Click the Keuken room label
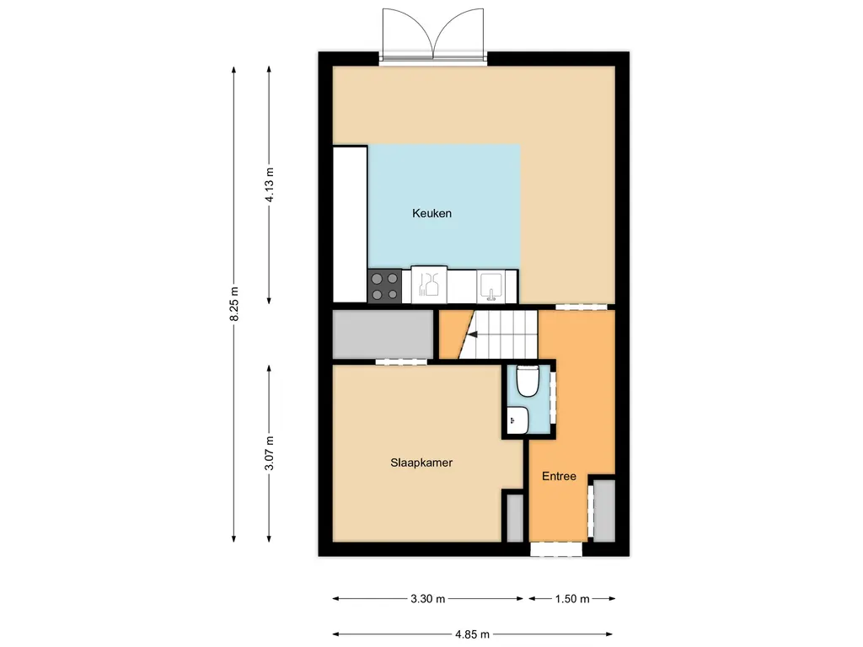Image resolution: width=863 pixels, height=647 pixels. [x=432, y=213]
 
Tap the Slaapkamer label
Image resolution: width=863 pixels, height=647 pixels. [x=421, y=463]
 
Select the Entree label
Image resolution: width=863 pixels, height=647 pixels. [x=560, y=477]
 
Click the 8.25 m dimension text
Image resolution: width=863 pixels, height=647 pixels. [x=234, y=303]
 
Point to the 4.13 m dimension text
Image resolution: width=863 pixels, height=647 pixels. [x=270, y=184]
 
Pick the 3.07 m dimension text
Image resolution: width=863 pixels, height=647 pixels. [x=269, y=453]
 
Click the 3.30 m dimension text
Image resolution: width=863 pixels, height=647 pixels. [x=427, y=599]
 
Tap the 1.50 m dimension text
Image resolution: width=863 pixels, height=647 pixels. [x=572, y=599]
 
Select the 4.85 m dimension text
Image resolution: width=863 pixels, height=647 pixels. [x=472, y=634]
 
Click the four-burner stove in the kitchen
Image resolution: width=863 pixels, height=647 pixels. [x=384, y=286]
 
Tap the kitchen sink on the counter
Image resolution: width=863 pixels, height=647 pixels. [x=490, y=287]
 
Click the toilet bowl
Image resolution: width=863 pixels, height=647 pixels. [x=528, y=381]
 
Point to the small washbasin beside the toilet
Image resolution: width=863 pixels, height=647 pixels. [x=517, y=421]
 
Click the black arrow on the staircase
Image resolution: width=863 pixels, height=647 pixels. [x=472, y=334]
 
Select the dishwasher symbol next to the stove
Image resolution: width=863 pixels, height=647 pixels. [x=429, y=285]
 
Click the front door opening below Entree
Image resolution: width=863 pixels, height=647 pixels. [x=556, y=549]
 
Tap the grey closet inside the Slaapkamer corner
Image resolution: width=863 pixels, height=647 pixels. [x=515, y=518]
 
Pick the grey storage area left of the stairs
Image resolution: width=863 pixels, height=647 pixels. [x=383, y=334]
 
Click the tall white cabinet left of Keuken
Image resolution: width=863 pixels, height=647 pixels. [x=350, y=224]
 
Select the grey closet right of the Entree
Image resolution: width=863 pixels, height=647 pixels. [x=603, y=511]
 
